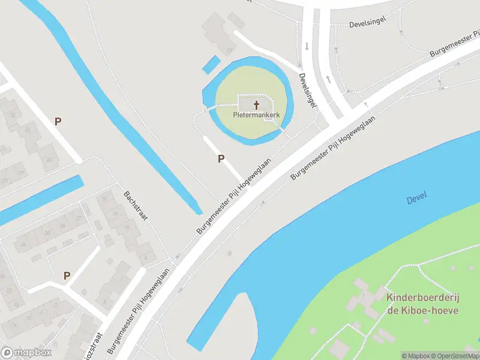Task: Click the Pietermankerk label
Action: pyautogui.click(x=257, y=115)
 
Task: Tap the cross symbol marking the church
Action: pyautogui.click(x=257, y=105)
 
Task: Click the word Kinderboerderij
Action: pyautogui.click(x=422, y=298)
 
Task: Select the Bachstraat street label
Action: pyautogui.click(x=135, y=206)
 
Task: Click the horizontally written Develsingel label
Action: pyautogui.click(x=365, y=25)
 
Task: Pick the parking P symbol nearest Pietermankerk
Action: pyautogui.click(x=221, y=158)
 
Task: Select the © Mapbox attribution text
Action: pyautogui.click(x=414, y=356)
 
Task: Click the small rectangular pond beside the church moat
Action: pyautogui.click(x=211, y=64)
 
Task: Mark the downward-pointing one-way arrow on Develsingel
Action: pyautogui.click(x=307, y=46)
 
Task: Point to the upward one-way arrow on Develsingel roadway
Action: pyautogui.click(x=328, y=79)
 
